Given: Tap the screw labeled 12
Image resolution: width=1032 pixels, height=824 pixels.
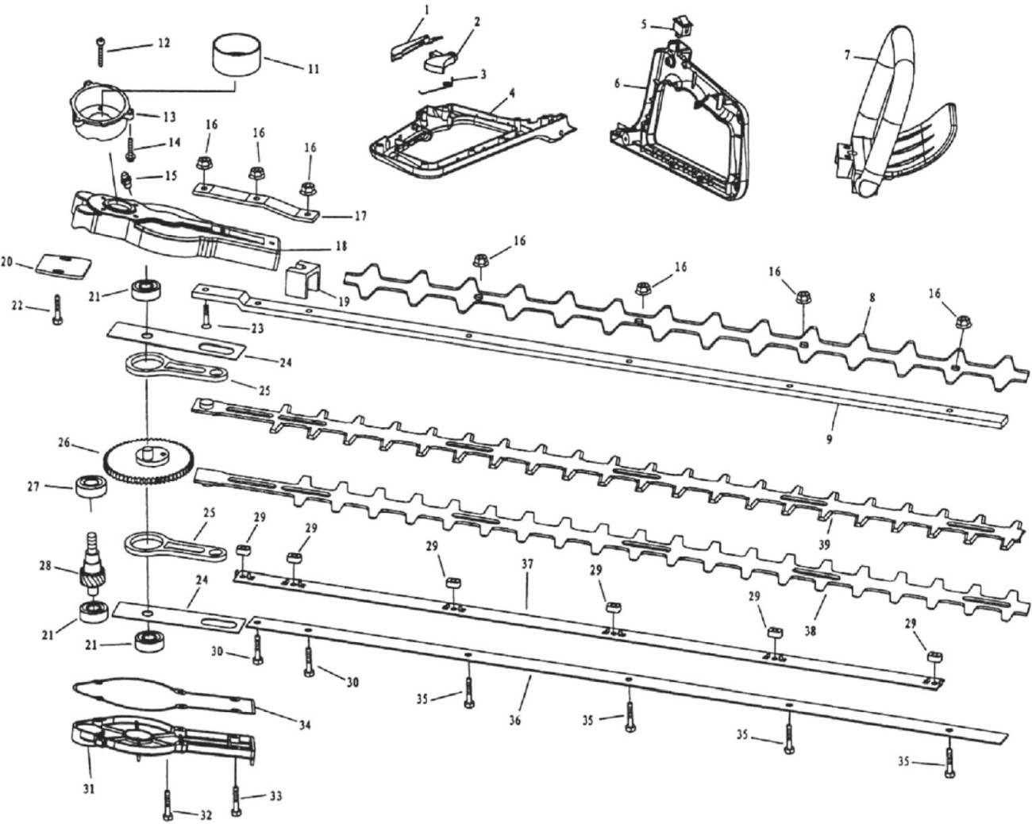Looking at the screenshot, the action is pyautogui.click(x=102, y=52).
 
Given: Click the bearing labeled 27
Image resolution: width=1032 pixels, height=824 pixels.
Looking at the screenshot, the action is pyautogui.click(x=90, y=487).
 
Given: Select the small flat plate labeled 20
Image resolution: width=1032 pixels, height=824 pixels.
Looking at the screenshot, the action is pyautogui.click(x=63, y=265).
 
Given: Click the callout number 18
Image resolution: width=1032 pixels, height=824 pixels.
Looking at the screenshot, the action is pyautogui.click(x=341, y=246).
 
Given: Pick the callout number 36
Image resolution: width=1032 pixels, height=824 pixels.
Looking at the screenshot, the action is pyautogui.click(x=514, y=720).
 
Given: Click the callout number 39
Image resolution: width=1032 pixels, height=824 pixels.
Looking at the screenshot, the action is pyautogui.click(x=824, y=545).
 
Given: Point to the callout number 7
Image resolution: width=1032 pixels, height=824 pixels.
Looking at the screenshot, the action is pyautogui.click(x=847, y=56).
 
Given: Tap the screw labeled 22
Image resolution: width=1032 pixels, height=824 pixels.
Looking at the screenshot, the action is pyautogui.click(x=57, y=310).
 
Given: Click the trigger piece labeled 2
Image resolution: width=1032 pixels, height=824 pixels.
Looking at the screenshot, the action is pyautogui.click(x=439, y=61).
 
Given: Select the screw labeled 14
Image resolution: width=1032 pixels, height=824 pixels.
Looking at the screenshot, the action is pyautogui.click(x=129, y=149).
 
